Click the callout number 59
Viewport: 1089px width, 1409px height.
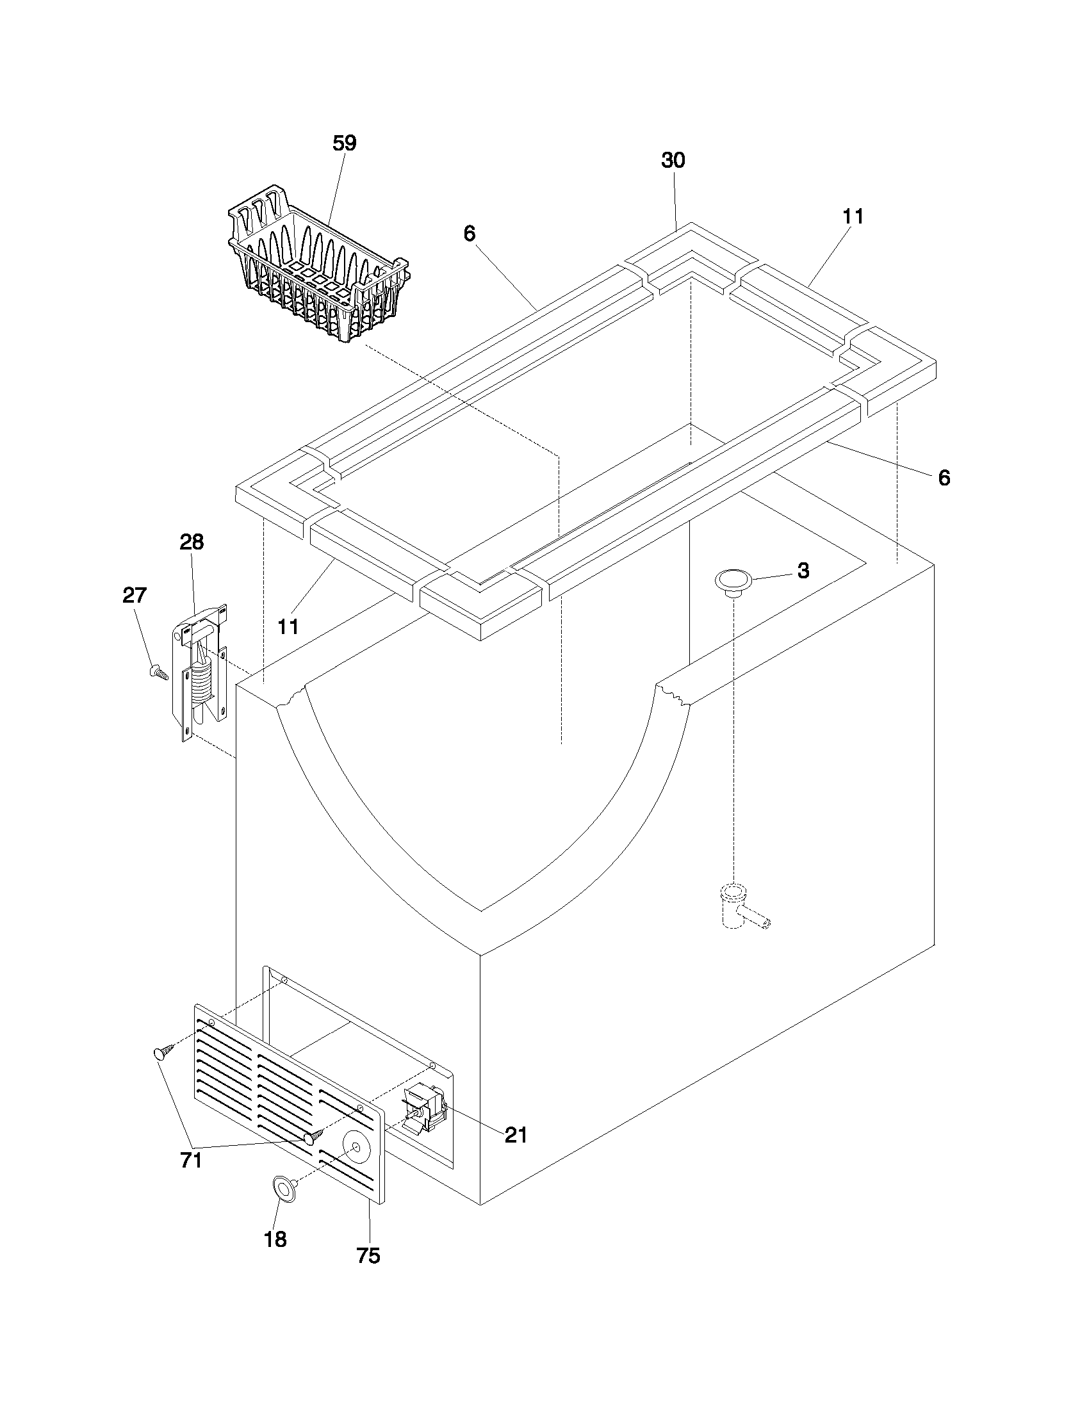pyautogui.click(x=345, y=143)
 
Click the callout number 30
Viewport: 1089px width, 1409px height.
pyautogui.click(x=673, y=161)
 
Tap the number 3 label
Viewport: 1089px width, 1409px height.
pyautogui.click(x=803, y=570)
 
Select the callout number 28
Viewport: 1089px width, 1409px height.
pyautogui.click(x=192, y=542)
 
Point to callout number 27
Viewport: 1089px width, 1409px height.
pyautogui.click(x=135, y=595)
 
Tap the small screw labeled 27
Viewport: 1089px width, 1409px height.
pyautogui.click(x=158, y=673)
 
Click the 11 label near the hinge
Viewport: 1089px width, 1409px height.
pyautogui.click(x=288, y=626)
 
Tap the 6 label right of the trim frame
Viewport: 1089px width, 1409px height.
pyautogui.click(x=944, y=478)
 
